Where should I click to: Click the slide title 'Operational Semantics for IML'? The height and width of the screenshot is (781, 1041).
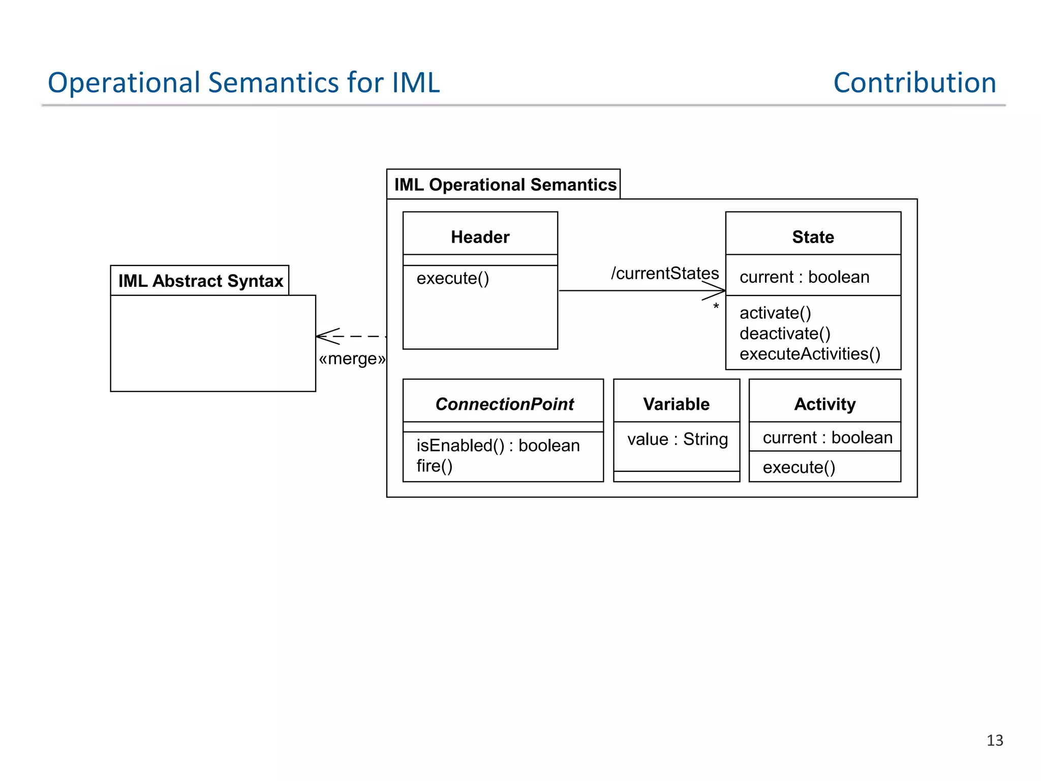tap(243, 82)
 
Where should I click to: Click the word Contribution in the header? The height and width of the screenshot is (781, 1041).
tap(914, 82)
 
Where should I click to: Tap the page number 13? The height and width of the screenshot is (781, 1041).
tap(994, 740)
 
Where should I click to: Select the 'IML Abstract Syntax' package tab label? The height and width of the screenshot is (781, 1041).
tap(200, 281)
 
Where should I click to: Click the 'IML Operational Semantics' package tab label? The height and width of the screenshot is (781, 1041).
tap(505, 185)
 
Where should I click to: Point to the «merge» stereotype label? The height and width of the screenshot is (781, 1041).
tap(352, 359)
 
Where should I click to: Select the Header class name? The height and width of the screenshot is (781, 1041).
tap(480, 237)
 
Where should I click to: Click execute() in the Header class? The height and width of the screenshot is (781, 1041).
tap(452, 278)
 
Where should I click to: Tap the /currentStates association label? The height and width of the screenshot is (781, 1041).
tap(664, 273)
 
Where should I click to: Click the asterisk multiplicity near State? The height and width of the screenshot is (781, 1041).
tap(716, 307)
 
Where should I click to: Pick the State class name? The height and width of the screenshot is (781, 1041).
tap(813, 237)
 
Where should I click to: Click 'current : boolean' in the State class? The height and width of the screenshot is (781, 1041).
tap(804, 277)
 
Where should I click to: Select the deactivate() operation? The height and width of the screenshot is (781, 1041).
tap(785, 334)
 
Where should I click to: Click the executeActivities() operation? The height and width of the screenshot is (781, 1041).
tap(810, 354)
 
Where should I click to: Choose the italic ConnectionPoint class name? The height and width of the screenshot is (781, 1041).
tap(504, 404)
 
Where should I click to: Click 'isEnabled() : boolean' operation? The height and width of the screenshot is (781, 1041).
tap(498, 445)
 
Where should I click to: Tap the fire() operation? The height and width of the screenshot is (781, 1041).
tap(434, 466)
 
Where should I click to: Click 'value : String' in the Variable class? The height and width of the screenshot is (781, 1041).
tap(677, 439)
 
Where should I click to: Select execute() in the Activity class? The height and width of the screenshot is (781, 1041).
tap(799, 467)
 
